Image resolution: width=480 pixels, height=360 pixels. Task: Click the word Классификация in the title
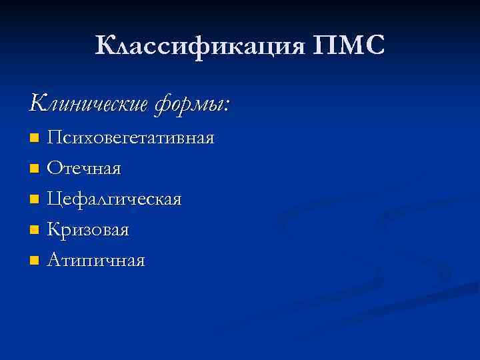198,46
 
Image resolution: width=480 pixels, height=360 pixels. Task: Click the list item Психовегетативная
131,138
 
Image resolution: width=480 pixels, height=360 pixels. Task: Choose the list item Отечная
84,169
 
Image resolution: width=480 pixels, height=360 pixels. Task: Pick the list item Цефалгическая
114,199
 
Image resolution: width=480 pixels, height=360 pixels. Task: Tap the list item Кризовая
88,229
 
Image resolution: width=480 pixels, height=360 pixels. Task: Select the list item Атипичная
96,260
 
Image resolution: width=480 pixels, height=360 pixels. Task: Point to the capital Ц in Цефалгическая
54,199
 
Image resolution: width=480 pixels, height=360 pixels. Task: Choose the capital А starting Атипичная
53,259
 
